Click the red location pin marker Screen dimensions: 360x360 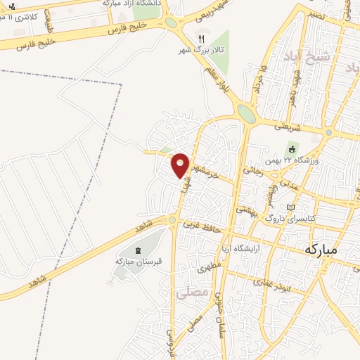(181, 165)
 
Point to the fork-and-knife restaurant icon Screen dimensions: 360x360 (200, 39)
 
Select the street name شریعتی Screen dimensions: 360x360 (290, 126)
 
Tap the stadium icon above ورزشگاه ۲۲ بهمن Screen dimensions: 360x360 (290, 149)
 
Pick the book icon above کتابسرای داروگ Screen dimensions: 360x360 (292, 208)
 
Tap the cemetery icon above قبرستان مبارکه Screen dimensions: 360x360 (137, 250)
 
